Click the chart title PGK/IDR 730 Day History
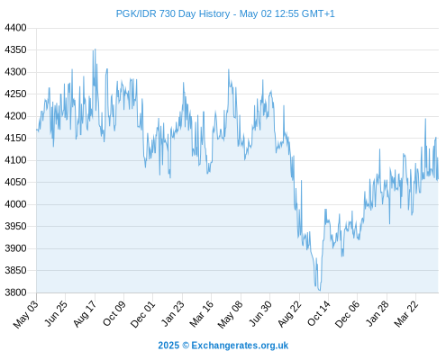[x=173, y=13]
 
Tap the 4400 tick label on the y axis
[x=15, y=28]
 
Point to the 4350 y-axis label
[x=15, y=49]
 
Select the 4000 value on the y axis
[x=15, y=204]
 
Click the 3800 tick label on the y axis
[x=15, y=292]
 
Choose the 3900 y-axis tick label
[x=15, y=248]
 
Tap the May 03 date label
[x=26, y=314]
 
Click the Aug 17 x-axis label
[x=86, y=313]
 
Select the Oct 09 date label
[x=114, y=313]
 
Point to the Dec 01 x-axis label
[x=143, y=314]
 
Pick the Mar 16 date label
[x=202, y=313]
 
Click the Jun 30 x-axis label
[x=260, y=313]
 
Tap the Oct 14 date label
[x=319, y=313]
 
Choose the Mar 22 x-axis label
[x=406, y=313]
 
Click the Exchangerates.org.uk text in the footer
[x=240, y=346]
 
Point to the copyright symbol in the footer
[x=186, y=346]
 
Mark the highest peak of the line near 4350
[x=96, y=49]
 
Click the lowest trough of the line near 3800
[x=319, y=290]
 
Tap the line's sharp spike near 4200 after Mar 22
[x=425, y=119]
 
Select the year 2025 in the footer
[x=168, y=346]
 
